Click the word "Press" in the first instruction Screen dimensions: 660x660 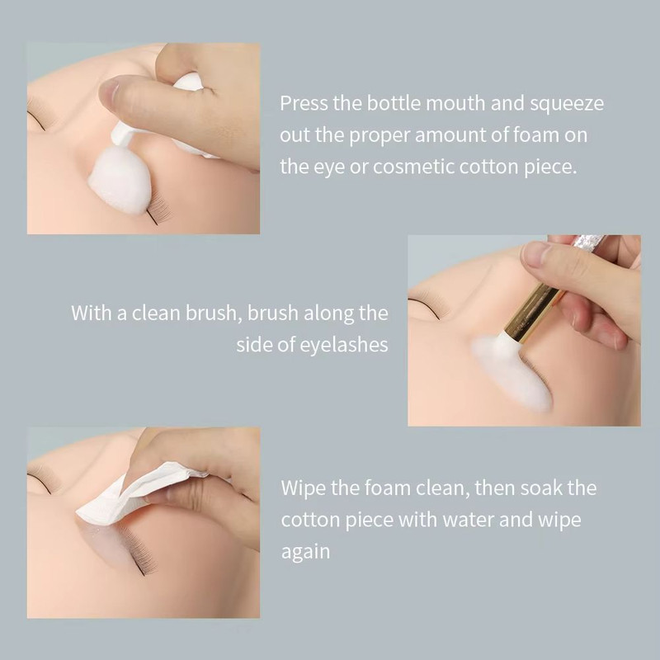(302, 104)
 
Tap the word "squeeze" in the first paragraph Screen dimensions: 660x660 (568, 104)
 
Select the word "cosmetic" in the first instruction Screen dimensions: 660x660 (413, 166)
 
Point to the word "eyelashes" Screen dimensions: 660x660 (343, 345)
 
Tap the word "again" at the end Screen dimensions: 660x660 (305, 552)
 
